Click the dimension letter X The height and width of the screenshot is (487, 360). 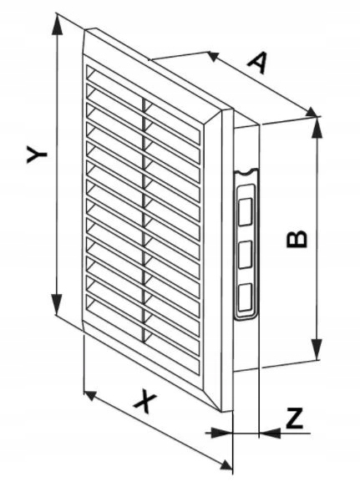[145, 403]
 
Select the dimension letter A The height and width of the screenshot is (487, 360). [258, 63]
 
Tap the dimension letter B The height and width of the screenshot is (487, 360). [297, 239]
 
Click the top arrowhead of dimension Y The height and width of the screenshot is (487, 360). [58, 25]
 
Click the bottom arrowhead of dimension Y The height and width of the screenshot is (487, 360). [57, 304]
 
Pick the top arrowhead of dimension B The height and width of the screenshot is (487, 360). [317, 126]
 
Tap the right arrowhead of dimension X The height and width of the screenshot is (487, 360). [226, 464]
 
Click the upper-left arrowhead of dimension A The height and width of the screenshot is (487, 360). [214, 56]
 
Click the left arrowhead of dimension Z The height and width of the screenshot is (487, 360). [221, 433]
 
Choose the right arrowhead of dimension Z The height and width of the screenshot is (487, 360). [270, 433]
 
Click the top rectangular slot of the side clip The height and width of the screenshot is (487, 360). [245, 212]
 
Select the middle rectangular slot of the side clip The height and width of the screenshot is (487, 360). [245, 255]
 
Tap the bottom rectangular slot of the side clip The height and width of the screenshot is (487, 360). [245, 297]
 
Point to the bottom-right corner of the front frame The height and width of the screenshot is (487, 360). [222, 412]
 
